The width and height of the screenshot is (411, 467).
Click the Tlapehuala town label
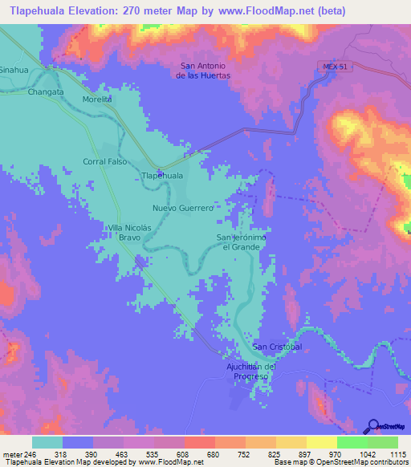pyautogui.click(x=161, y=175)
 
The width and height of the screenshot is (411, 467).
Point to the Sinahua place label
pyautogui.click(x=13, y=70)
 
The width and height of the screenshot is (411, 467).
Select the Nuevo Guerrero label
pyautogui.click(x=189, y=208)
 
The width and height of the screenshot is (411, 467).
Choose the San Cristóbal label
pyautogui.click(x=277, y=347)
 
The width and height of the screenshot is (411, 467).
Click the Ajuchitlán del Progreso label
pyautogui.click(x=251, y=372)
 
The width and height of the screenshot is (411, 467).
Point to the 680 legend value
pyautogui.click(x=201, y=453)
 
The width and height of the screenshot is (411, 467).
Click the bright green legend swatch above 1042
pyautogui.click(x=352, y=442)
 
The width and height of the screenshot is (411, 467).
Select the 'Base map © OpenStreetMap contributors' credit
pyautogui.click(x=340, y=462)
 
